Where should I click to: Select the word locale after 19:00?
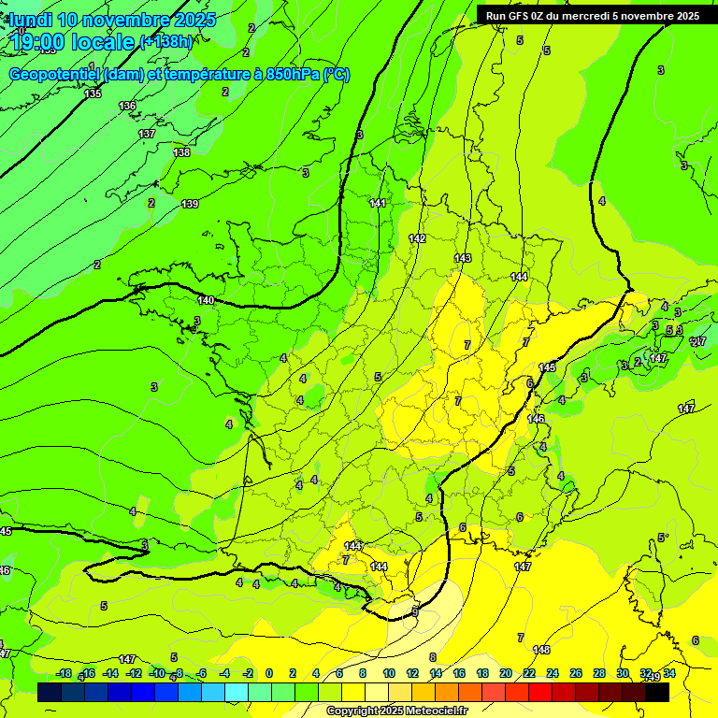pyautogui.click(x=103, y=41)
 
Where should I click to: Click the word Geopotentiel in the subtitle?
pyautogui.click(x=55, y=75)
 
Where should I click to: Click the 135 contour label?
pyautogui.click(x=93, y=93)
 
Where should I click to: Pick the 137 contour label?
pyautogui.click(x=147, y=134)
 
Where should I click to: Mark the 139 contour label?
pyautogui.click(x=190, y=204)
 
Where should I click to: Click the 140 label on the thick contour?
pyautogui.click(x=207, y=300)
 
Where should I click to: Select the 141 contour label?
pyautogui.click(x=378, y=203)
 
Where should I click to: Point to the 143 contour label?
pyautogui.click(x=463, y=258)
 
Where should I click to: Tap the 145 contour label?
pyautogui.click(x=547, y=367)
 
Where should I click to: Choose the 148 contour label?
pyautogui.click(x=541, y=650)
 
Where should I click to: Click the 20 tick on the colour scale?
pyautogui.click(x=506, y=674)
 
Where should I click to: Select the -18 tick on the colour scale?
pyautogui.click(x=64, y=674)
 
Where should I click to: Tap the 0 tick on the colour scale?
pyautogui.click(x=269, y=674)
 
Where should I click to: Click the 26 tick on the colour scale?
pyautogui.click(x=576, y=674)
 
